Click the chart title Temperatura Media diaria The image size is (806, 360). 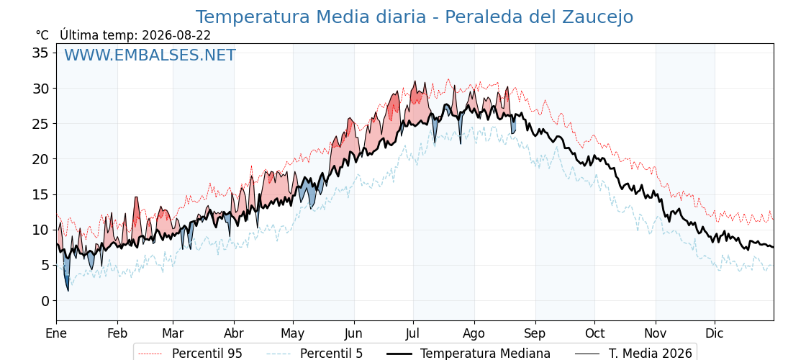(310, 17)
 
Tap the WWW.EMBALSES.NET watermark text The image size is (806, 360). (150, 55)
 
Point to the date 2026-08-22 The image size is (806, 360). (176, 35)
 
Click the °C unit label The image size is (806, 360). (42, 35)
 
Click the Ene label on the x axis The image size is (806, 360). (56, 333)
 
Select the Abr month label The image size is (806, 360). (234, 333)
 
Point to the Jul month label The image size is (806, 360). (413, 333)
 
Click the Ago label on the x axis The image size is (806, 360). (474, 334)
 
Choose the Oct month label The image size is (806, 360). (594, 333)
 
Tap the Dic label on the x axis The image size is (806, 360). (715, 333)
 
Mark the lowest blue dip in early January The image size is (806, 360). (68, 290)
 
